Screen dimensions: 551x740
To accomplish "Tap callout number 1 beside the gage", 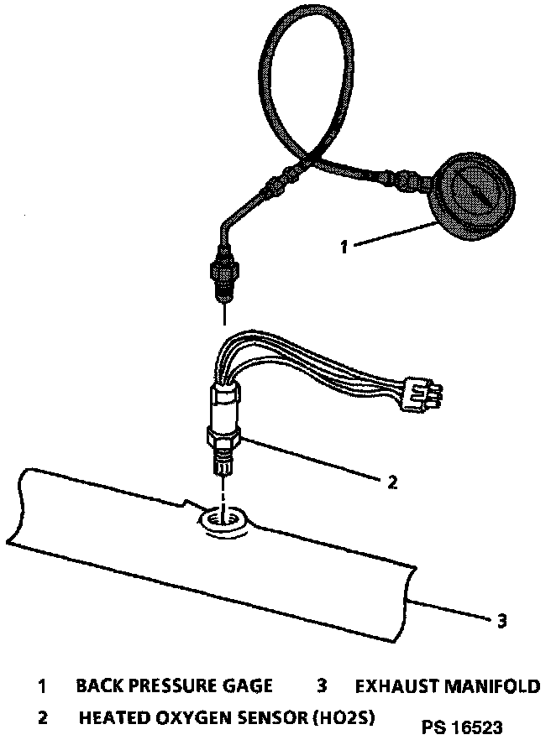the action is coord(343,247).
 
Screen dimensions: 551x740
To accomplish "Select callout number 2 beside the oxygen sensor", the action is coord(391,482).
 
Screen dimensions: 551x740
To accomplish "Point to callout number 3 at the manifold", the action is coord(501,621).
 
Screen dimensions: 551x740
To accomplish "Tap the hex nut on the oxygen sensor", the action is coord(223,437).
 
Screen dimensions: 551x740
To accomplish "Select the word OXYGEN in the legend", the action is coord(185,718).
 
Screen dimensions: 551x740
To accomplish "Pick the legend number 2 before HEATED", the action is coord(42,718).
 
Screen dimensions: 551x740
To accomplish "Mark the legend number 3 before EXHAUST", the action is coord(322,686).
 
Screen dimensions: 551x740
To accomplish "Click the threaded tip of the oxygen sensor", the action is coord(223,461).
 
